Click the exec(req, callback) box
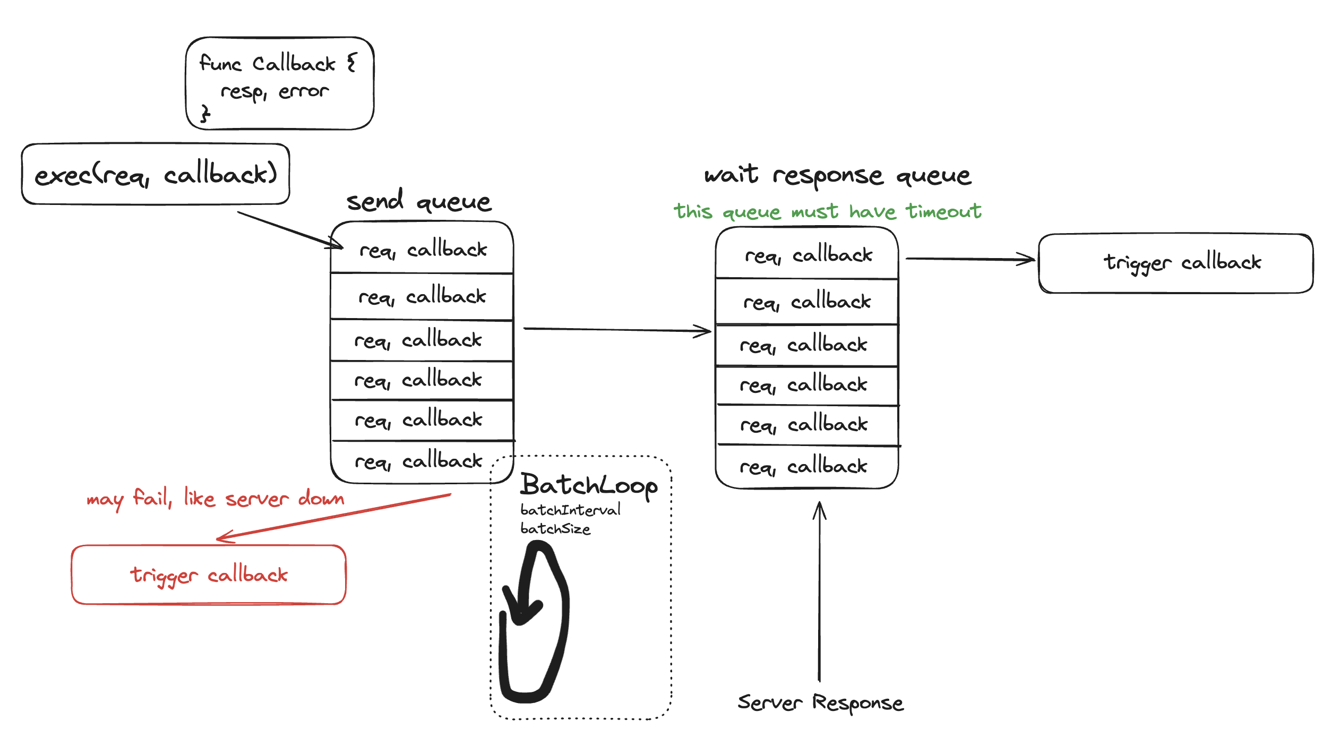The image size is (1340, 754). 156,174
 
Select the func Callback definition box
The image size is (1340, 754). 279,83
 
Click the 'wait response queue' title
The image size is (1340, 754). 838,175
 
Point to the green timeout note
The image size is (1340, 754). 827,211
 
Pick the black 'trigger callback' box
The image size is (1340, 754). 1175,263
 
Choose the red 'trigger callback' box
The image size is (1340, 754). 209,575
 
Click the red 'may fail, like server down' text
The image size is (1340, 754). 215,498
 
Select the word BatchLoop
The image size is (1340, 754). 588,485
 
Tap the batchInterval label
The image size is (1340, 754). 570,510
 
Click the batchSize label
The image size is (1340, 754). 555,529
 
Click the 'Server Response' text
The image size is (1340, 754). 820,702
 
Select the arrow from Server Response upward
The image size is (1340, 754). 820,589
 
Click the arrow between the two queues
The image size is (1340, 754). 616,330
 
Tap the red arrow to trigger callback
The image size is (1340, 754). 334,517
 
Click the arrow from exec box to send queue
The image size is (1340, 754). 289,230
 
